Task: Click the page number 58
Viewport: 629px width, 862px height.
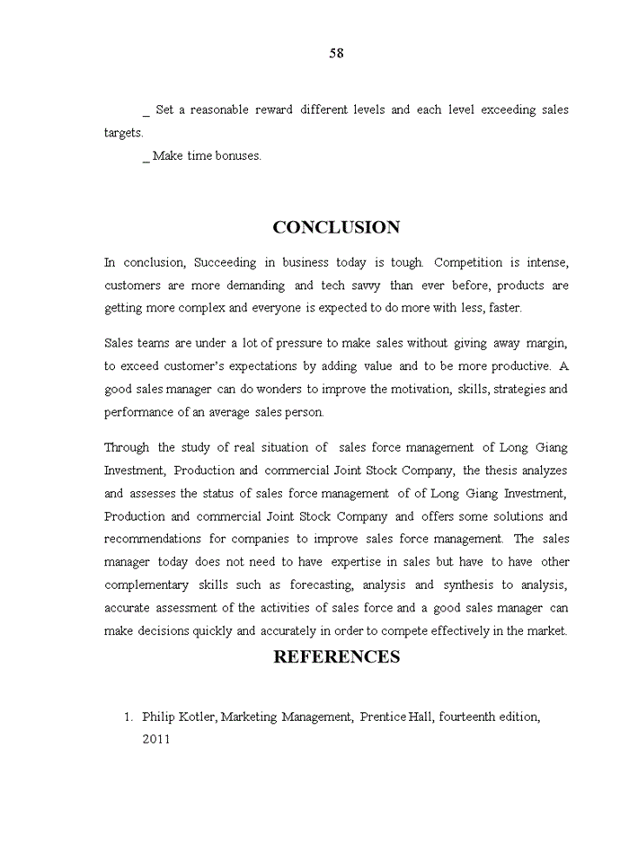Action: click(x=336, y=53)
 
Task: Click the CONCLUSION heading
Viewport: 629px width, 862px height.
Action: click(x=336, y=227)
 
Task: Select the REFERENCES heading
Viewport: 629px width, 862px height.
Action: click(x=336, y=656)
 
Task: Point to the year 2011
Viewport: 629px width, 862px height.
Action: click(x=155, y=739)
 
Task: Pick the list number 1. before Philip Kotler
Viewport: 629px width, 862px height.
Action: click(x=128, y=717)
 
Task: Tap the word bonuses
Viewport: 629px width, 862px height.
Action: click(x=238, y=155)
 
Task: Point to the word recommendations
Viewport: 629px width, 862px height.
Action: click(x=153, y=540)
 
